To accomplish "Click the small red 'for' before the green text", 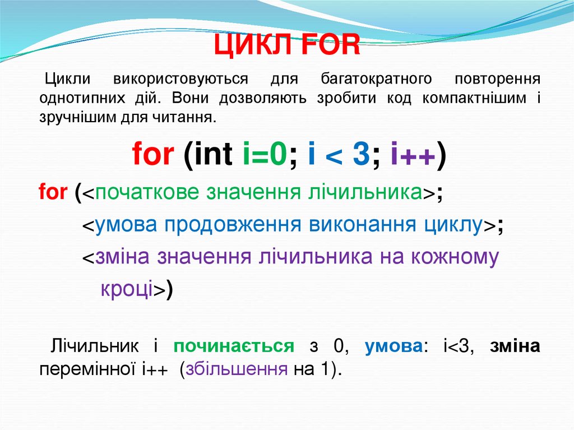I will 53,192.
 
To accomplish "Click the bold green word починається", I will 234,346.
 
